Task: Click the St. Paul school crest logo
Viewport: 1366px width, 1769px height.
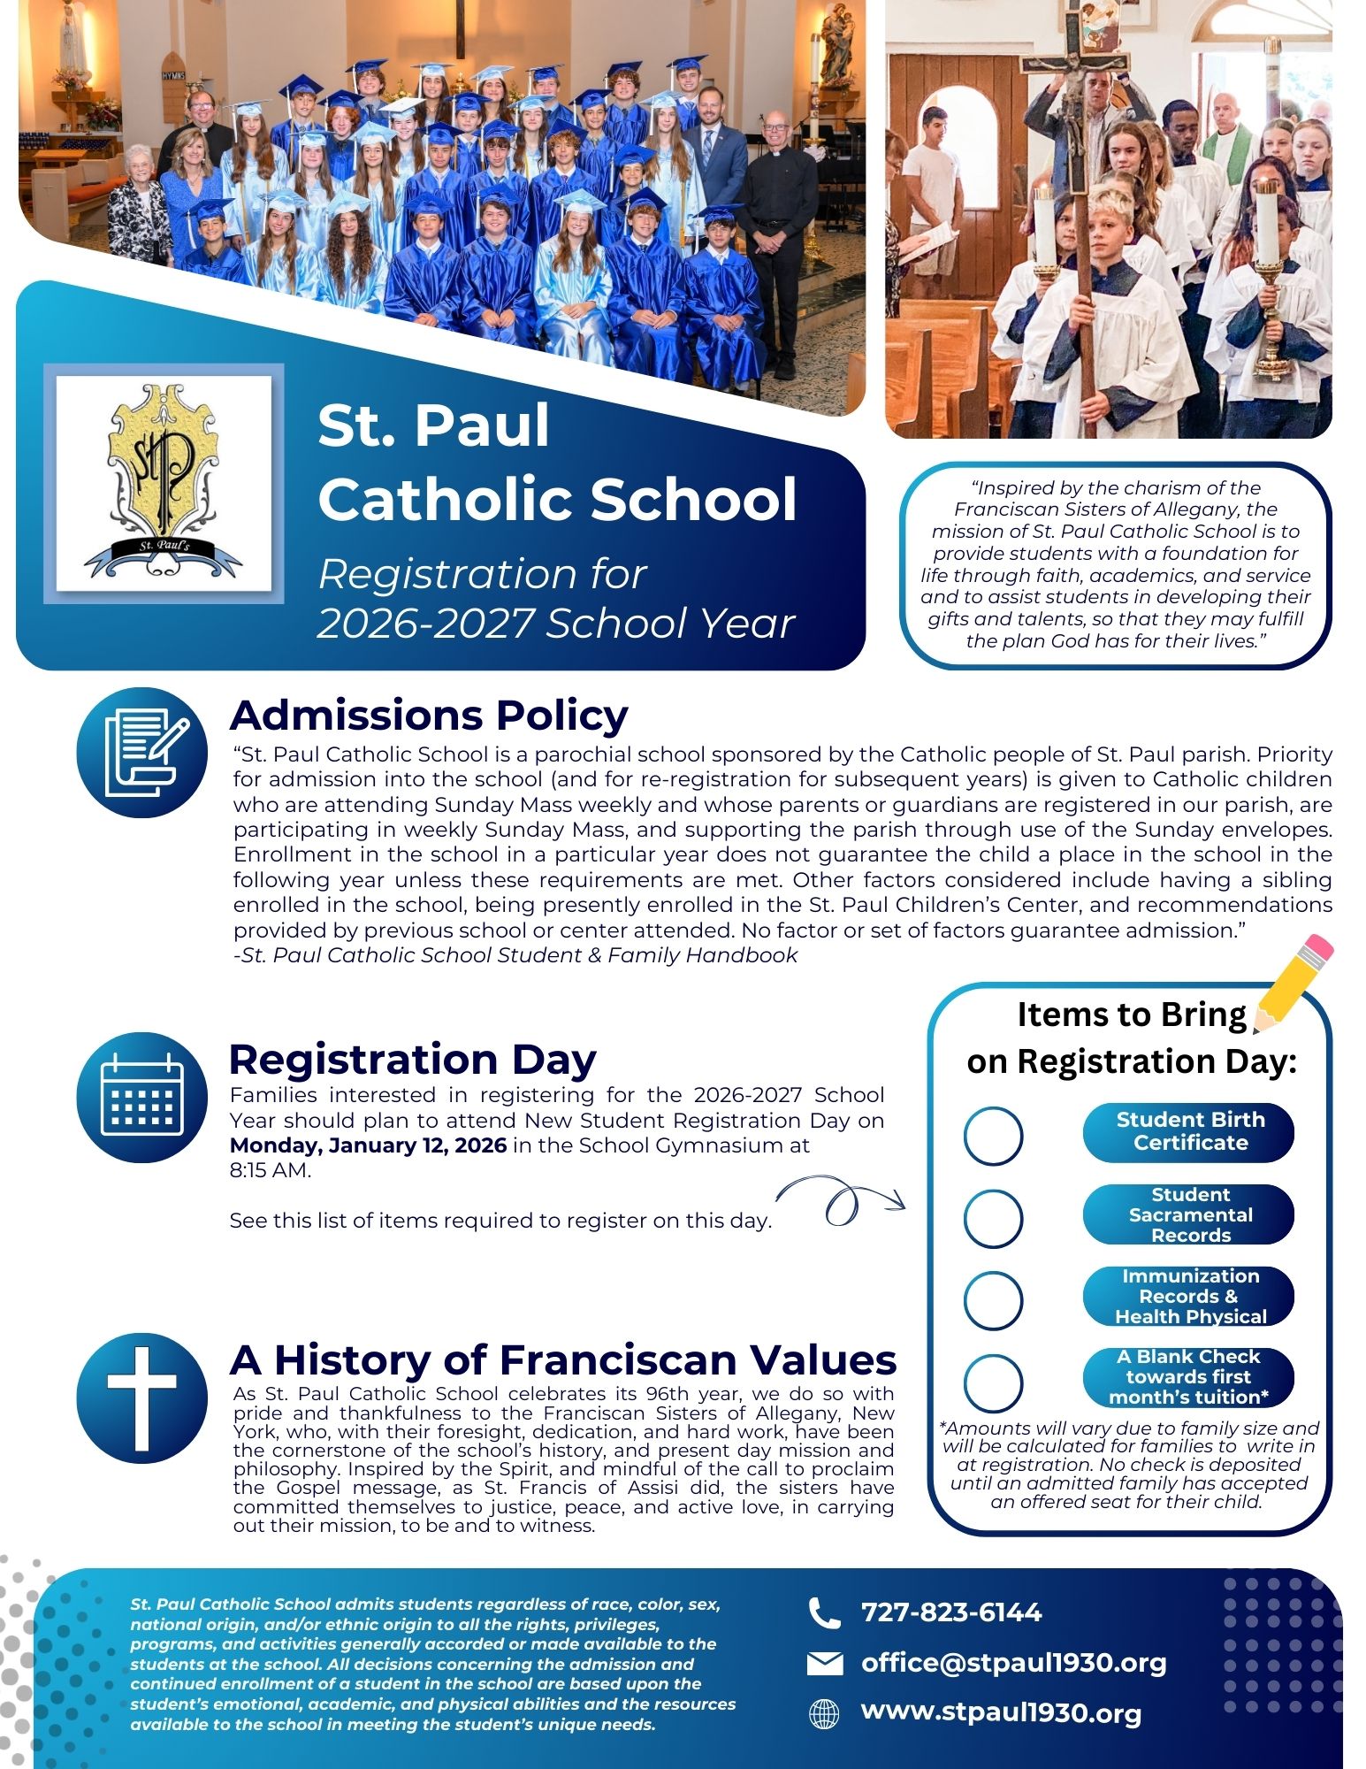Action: [164, 483]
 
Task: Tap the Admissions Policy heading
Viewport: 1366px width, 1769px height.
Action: [429, 716]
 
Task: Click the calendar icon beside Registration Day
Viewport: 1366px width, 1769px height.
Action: [141, 1097]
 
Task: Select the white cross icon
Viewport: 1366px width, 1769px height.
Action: [141, 1398]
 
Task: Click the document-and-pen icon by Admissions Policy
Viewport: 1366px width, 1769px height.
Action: [141, 753]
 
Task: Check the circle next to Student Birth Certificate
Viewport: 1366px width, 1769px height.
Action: [993, 1136]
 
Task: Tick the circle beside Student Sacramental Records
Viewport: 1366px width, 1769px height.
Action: [993, 1218]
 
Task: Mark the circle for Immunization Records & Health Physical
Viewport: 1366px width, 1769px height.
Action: [993, 1299]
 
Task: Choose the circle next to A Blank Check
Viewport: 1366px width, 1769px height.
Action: [993, 1382]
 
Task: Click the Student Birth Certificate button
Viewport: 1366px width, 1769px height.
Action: [1188, 1131]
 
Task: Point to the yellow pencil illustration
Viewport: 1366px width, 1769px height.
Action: [1292, 984]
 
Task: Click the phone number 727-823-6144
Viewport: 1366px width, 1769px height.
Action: [951, 1612]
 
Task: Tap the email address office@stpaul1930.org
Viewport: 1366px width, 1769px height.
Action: [1013, 1663]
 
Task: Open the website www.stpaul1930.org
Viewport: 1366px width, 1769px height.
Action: [1001, 1712]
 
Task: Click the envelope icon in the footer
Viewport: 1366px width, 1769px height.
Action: [824, 1665]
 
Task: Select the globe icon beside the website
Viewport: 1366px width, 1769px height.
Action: [824, 1714]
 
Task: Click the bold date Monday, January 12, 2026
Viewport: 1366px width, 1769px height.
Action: [368, 1145]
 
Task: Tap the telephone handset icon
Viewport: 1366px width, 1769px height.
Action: [824, 1613]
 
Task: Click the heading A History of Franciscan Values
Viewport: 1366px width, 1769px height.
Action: [562, 1360]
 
